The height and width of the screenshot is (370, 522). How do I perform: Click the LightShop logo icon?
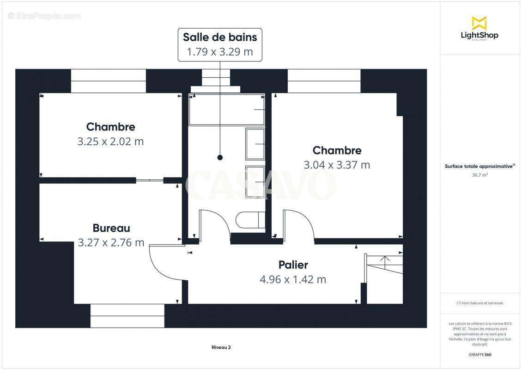(479, 23)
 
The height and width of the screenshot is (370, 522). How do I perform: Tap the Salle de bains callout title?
(220, 37)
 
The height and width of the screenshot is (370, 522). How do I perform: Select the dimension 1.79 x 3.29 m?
(220, 52)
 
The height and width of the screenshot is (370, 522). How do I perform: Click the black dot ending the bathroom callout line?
(220, 158)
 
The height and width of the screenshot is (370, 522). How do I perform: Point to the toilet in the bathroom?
(250, 220)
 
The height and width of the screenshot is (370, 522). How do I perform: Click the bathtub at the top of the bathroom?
(226, 110)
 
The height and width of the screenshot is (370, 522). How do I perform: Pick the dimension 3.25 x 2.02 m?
(110, 142)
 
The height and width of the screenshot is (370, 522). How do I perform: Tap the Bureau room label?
(111, 228)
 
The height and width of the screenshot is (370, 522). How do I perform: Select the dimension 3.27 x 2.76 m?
(111, 242)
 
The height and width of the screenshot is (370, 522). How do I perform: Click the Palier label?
(293, 265)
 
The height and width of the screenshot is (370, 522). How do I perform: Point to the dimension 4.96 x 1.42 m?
(293, 279)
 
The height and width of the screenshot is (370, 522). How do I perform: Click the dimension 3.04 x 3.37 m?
(337, 165)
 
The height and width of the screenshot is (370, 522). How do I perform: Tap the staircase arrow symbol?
(383, 262)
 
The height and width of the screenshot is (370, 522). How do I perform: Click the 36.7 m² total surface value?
(480, 175)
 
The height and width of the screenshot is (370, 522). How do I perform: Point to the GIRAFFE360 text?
(480, 355)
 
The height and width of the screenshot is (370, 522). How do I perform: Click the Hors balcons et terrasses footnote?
(480, 303)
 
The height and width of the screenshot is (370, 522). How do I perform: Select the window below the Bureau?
(127, 315)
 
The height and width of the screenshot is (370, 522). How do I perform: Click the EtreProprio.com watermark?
(44, 16)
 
